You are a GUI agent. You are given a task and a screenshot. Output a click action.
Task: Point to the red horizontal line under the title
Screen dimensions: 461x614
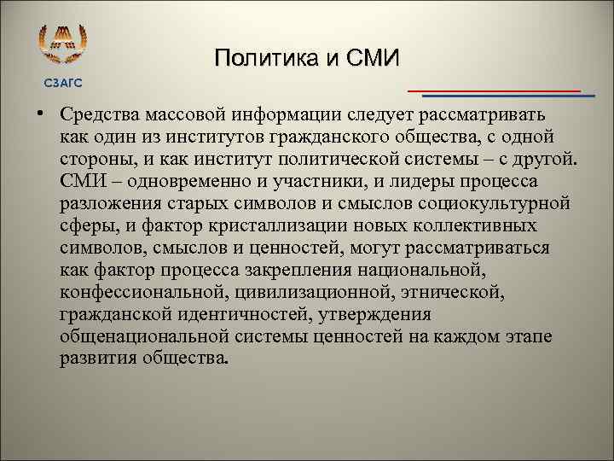pos(494,90)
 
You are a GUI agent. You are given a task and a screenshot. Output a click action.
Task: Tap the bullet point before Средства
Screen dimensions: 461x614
pos(40,114)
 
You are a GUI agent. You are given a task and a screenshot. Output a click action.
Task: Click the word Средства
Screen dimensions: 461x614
pos(101,114)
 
